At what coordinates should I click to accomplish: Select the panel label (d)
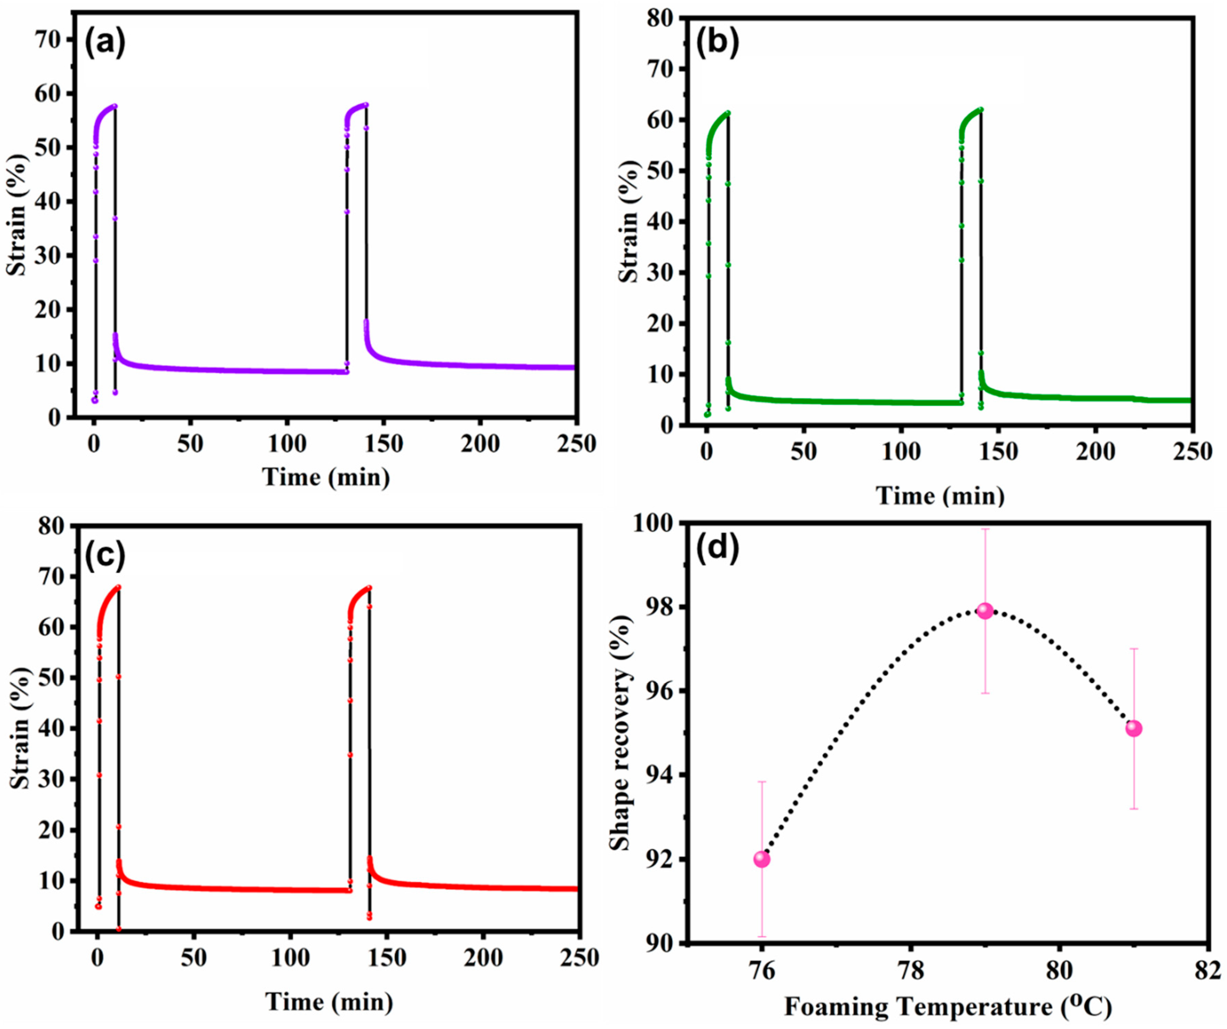click(717, 548)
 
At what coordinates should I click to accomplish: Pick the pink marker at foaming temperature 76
click(762, 859)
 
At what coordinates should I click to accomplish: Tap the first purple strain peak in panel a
click(114, 106)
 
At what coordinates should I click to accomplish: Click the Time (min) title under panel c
click(329, 1002)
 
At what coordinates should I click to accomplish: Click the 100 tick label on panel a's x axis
click(287, 444)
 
